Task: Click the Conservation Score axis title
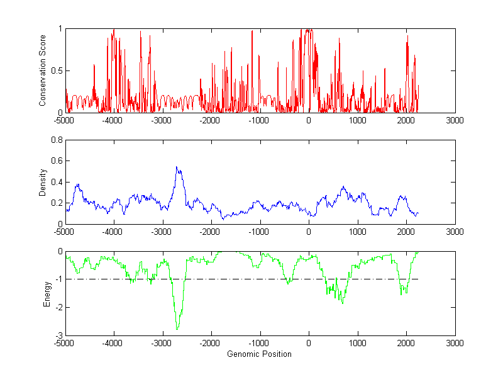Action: (x=43, y=70)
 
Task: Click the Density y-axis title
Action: (x=43, y=182)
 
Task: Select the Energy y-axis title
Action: (x=47, y=293)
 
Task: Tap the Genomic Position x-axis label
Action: (x=260, y=354)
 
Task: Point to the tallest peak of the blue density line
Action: (x=177, y=167)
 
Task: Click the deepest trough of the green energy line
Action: (x=177, y=329)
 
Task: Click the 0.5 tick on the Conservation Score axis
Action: (x=57, y=70)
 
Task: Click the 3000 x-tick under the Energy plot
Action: (x=455, y=343)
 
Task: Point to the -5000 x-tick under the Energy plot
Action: (x=64, y=343)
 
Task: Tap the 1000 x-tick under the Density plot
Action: (x=357, y=231)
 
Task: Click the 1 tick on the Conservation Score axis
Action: (x=60, y=29)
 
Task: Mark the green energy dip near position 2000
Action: (x=402, y=293)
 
